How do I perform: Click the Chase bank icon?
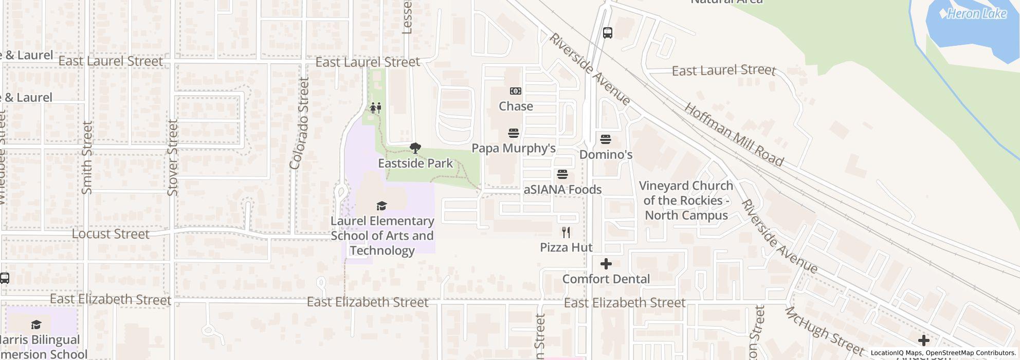click(515, 91)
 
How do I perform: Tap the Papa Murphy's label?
click(514, 148)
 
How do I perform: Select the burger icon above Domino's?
click(606, 139)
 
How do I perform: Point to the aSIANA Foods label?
click(562, 189)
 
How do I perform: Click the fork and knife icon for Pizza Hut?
click(566, 232)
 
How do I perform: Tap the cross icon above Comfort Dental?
click(606, 264)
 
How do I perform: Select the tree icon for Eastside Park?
click(415, 149)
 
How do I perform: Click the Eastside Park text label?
click(415, 163)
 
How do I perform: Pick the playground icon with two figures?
click(376, 108)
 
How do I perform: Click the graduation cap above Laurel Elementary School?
click(381, 206)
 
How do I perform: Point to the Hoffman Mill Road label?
click(734, 135)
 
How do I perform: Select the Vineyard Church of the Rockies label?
click(686, 200)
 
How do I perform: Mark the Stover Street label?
click(173, 157)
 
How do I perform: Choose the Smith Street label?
click(87, 157)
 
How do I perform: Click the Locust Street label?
click(111, 234)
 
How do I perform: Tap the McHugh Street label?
click(824, 331)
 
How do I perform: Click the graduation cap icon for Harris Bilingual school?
click(36, 325)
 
